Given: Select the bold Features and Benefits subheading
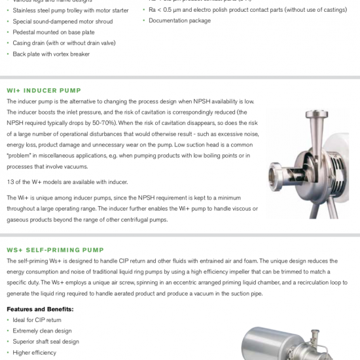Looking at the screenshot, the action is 40,309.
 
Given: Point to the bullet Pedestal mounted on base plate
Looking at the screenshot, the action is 54,32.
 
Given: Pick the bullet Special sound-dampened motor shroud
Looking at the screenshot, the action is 62,22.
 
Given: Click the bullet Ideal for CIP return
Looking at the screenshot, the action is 37,320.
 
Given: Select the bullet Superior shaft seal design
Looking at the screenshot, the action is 46,342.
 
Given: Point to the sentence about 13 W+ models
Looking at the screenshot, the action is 67,182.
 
